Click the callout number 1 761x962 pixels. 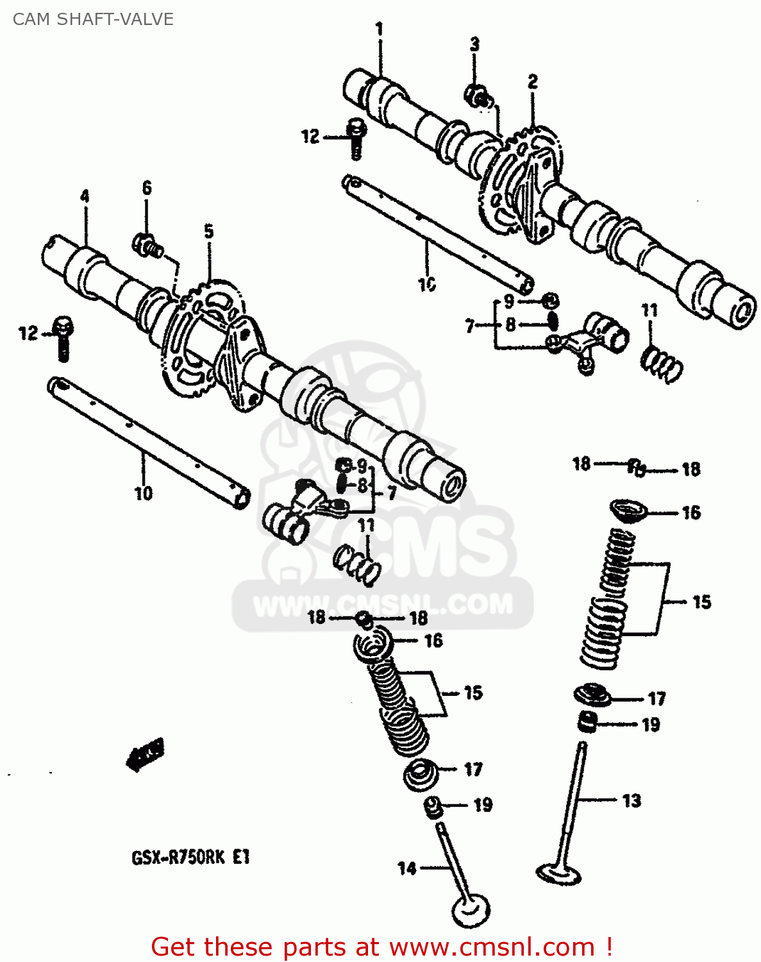380,29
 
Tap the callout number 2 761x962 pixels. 533,81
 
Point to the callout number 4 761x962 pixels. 85,197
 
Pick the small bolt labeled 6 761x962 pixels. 147,245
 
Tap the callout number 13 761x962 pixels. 631,800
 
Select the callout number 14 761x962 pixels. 407,868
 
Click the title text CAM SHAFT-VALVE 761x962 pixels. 93,19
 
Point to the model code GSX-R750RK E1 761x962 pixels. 190,857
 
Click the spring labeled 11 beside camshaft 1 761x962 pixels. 662,364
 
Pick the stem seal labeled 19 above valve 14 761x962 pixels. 434,807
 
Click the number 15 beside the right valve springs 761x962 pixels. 702,602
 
